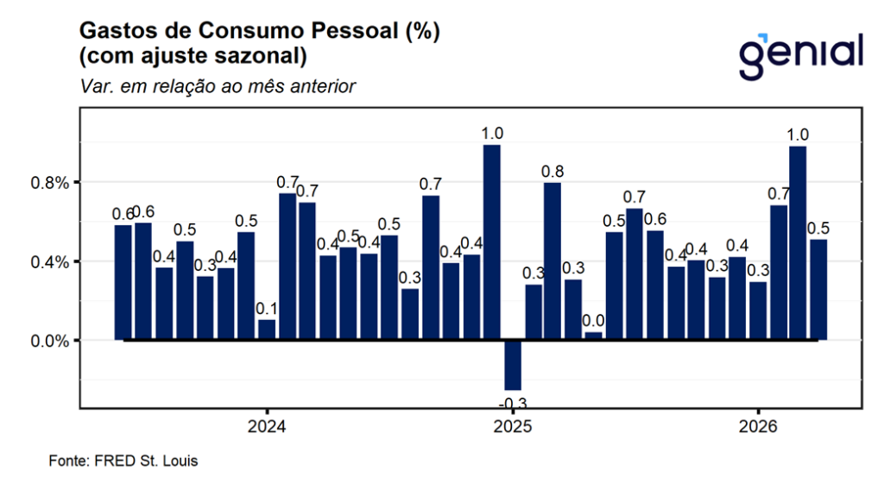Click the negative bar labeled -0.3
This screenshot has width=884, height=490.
tap(513, 365)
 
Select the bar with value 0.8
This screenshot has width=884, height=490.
tap(552, 261)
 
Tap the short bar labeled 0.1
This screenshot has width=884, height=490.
tap(267, 330)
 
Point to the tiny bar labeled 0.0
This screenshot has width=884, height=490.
tap(593, 336)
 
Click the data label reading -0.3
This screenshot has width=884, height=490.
tap(513, 403)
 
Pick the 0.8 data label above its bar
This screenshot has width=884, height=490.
tap(552, 171)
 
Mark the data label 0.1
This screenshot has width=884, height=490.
tap(267, 309)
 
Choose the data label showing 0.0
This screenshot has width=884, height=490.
tap(593, 321)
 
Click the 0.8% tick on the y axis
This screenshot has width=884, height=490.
tap(49, 183)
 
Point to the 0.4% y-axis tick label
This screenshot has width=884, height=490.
tap(49, 262)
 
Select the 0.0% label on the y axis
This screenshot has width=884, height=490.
tap(49, 342)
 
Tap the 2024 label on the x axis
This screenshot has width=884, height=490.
tap(267, 426)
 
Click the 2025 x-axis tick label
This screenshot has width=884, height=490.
tap(513, 426)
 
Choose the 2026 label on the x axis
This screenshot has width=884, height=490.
tap(758, 426)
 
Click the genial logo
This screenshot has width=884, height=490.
tap(801, 56)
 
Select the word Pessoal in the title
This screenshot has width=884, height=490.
tap(355, 30)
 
